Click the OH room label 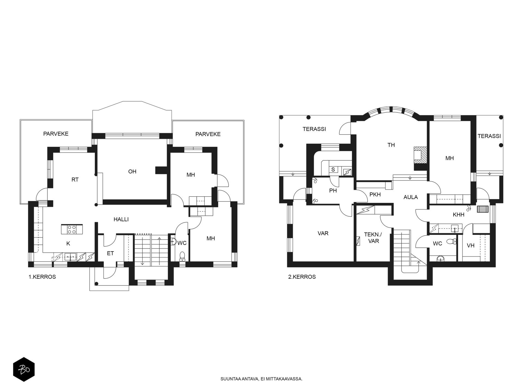[132, 171]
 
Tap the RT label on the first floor [75, 180]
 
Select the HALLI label [121, 219]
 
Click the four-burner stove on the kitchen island [72, 229]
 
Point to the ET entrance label [110, 253]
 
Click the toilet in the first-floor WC [182, 256]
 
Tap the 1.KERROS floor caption [42, 277]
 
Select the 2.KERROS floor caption [302, 277]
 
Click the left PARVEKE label [56, 134]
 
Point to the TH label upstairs [391, 145]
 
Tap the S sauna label [333, 170]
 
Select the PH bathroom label [333, 191]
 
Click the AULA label [411, 197]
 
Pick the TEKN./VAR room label [373, 238]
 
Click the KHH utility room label [459, 215]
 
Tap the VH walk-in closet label [471, 246]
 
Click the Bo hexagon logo [24, 369]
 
